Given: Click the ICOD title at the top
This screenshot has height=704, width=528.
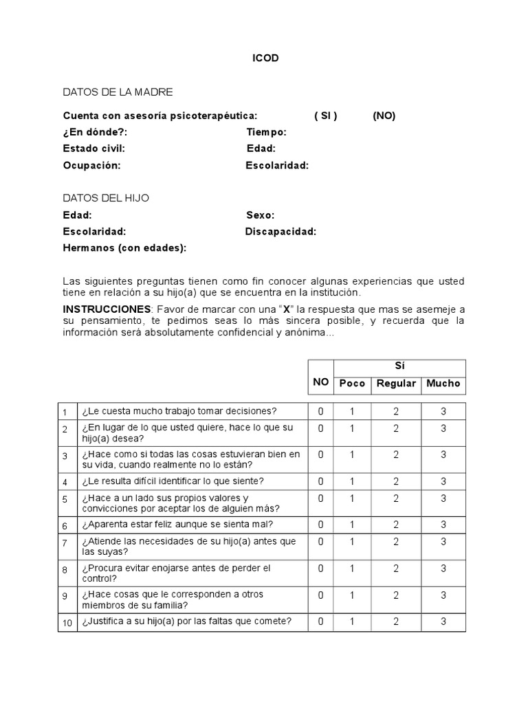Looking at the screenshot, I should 265,58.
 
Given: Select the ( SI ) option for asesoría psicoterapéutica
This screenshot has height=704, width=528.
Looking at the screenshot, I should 326,115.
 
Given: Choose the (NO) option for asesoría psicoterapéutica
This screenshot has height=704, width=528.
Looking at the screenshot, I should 384,115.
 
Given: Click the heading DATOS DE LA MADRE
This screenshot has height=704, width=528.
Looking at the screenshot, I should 118,91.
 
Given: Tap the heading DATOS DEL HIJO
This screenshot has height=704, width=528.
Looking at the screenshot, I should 106,198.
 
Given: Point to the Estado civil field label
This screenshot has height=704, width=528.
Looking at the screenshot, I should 93,148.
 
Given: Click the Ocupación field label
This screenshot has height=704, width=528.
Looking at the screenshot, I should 91,165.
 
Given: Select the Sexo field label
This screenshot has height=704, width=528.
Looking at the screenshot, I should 261,214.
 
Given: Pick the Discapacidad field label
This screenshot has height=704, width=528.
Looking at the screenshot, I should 280,231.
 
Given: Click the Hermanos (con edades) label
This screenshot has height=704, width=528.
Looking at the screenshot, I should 124,247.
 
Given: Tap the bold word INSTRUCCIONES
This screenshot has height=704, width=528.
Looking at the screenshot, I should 107,309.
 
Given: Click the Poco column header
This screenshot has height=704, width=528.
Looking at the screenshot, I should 353,383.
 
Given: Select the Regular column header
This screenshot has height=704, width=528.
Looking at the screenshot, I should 396,383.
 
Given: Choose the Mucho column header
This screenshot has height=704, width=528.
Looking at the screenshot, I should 443,383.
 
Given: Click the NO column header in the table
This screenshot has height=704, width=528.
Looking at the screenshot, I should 320,382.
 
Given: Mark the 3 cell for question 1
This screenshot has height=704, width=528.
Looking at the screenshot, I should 443,411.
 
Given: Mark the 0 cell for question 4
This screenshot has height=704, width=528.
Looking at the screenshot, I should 320,481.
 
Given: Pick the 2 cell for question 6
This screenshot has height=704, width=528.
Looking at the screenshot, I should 396,525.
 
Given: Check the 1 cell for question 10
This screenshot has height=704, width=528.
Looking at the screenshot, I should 352,621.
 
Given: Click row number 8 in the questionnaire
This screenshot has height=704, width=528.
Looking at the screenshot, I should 65,570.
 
